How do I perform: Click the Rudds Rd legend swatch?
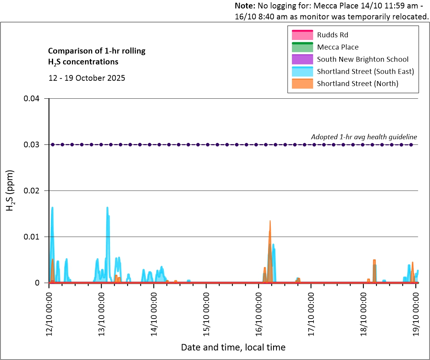(x=302, y=35)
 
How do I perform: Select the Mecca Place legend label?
(x=338, y=47)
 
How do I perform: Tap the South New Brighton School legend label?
(x=362, y=60)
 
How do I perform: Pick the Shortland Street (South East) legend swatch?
(x=302, y=71)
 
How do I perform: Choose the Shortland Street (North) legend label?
(x=357, y=84)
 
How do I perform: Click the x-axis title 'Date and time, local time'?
(x=233, y=347)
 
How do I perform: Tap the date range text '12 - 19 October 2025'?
(x=87, y=78)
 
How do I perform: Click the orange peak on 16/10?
(x=270, y=222)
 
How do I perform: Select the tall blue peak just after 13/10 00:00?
(x=107, y=209)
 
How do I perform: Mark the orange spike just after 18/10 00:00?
(x=374, y=261)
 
